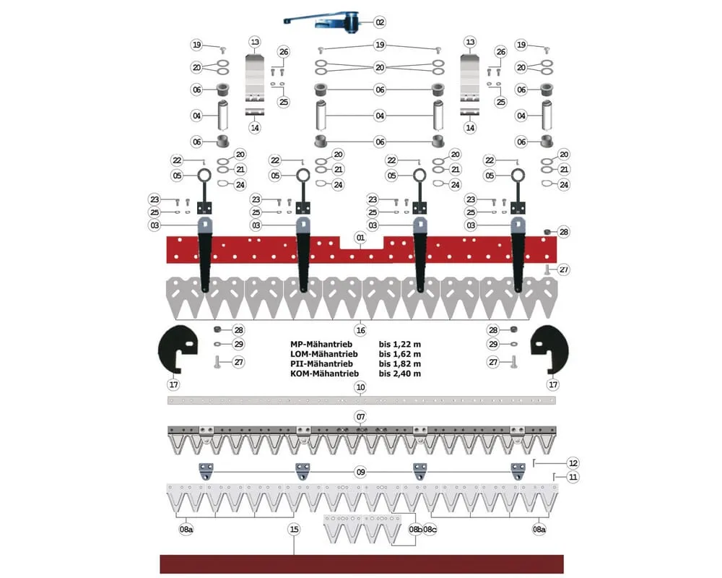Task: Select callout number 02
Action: [x=380, y=22]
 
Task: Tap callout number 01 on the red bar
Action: [x=360, y=238]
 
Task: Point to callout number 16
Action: [x=360, y=329]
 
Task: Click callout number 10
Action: [x=360, y=388]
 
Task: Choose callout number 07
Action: [x=360, y=418]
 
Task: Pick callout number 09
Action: [x=360, y=473]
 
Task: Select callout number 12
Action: [x=573, y=462]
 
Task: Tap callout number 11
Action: [x=573, y=477]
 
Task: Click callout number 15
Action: [x=294, y=530]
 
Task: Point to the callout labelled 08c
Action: [x=430, y=530]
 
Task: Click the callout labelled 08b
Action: [x=415, y=530]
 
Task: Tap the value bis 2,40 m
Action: [x=399, y=374]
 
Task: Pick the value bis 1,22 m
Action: [x=399, y=344]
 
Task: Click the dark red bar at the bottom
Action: [x=361, y=564]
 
